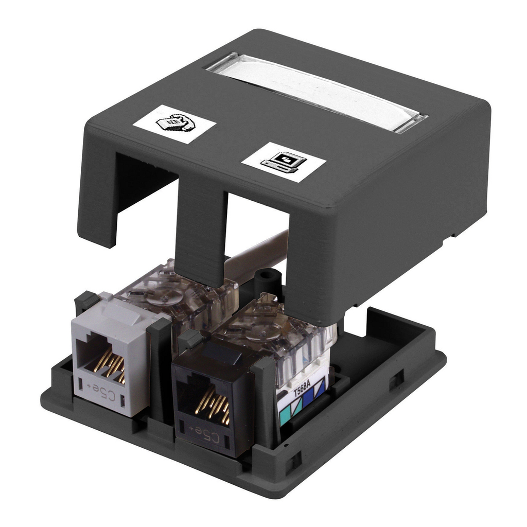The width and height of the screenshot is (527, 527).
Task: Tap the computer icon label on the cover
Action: click(284, 162)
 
